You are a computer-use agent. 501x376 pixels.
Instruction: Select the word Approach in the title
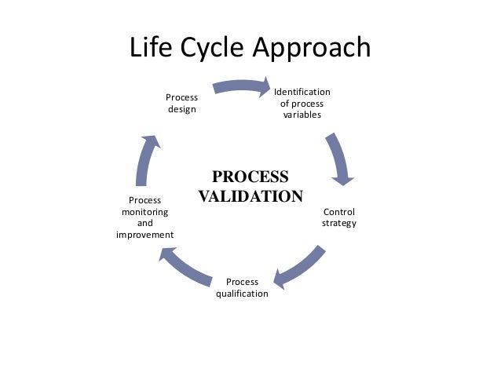coord(313,49)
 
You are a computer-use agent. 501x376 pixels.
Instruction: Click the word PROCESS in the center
coord(250,177)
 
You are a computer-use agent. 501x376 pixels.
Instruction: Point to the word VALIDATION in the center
coord(250,195)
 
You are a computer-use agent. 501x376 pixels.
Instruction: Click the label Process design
coord(181,103)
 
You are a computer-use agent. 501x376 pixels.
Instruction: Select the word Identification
coord(302,92)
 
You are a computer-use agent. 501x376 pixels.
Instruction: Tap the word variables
coord(302,115)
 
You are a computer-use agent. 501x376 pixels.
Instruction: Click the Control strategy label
coord(339,217)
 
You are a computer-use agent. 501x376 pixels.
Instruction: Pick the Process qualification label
coord(242,287)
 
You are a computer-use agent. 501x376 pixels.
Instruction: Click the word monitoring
coord(144,212)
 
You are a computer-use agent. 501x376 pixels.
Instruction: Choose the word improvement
coord(144,235)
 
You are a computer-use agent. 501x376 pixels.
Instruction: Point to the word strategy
coord(339,223)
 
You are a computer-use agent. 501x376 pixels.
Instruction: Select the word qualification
coord(242,294)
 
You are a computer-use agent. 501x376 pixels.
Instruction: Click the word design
coord(181,109)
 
